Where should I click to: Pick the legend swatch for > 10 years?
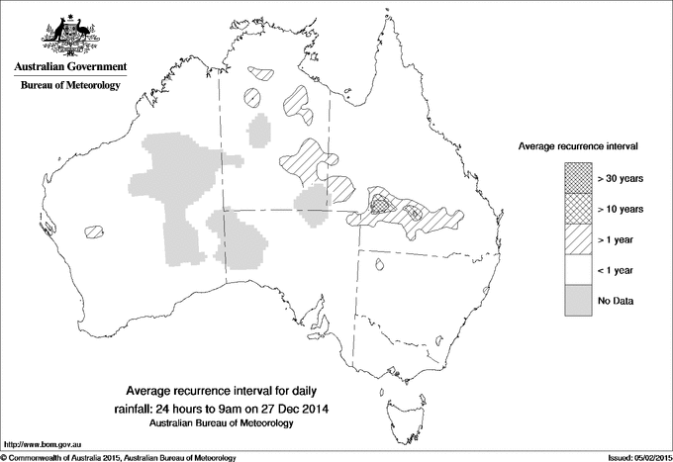578,208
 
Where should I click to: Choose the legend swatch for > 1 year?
578,238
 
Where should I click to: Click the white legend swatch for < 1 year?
578,269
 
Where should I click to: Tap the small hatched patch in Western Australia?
94,231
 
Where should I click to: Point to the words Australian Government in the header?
70,67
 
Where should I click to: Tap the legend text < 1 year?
618,269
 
